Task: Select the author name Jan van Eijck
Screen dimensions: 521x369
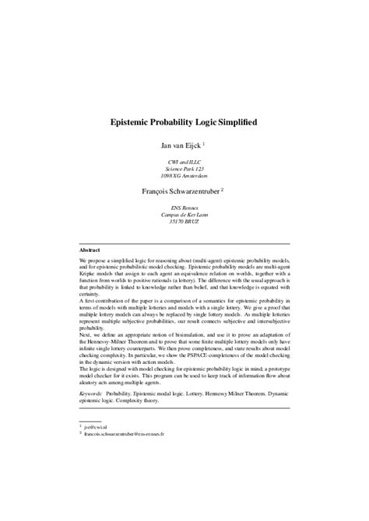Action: pyautogui.click(x=180, y=144)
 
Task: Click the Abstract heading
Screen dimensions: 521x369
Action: pyautogui.click(x=90, y=250)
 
